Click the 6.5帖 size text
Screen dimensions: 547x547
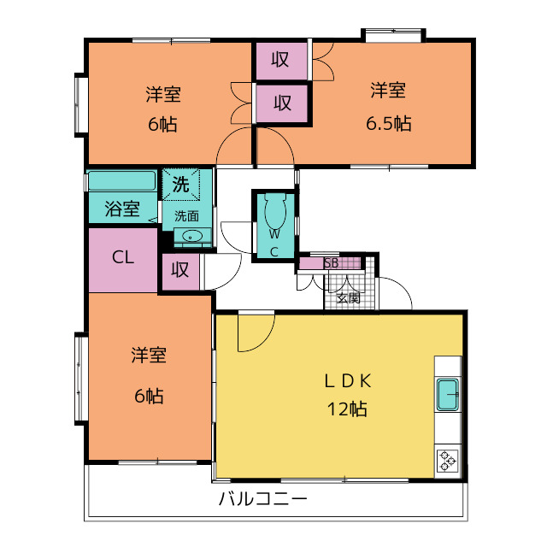(x=388, y=124)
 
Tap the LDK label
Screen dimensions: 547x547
(x=345, y=380)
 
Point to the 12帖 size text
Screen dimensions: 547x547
(x=345, y=409)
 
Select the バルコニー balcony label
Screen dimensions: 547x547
(x=262, y=499)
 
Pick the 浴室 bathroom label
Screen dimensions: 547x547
(x=122, y=208)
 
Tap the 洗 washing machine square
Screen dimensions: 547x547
(x=181, y=183)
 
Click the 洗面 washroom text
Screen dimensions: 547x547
(x=186, y=215)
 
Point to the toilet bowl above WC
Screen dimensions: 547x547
(x=275, y=208)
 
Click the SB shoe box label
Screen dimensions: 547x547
(x=331, y=263)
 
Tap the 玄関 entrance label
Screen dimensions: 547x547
(x=348, y=298)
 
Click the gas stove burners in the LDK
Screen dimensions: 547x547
(x=449, y=460)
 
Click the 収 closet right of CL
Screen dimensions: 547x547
(x=179, y=270)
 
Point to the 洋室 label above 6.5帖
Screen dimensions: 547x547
(x=388, y=90)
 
